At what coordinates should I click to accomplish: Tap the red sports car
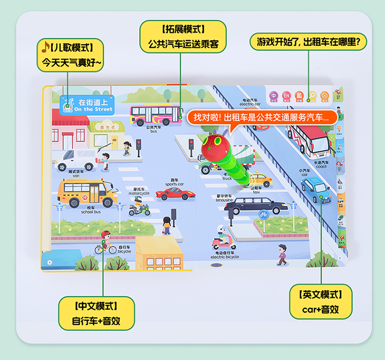(x=175, y=194)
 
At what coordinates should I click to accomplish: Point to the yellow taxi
(x=261, y=179)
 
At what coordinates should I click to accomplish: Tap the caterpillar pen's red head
(x=212, y=145)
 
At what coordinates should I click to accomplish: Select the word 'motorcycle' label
(x=139, y=193)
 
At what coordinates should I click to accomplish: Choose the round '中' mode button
(x=274, y=96)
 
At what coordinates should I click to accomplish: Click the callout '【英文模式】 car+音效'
(x=320, y=302)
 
